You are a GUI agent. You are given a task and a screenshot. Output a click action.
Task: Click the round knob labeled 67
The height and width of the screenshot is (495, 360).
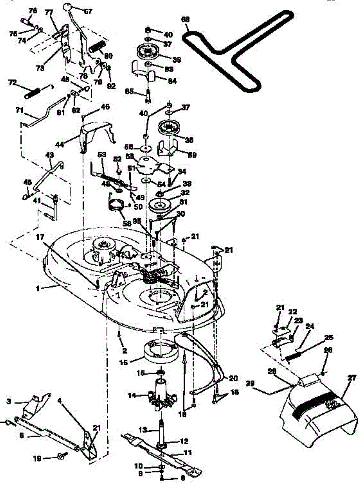[67, 7]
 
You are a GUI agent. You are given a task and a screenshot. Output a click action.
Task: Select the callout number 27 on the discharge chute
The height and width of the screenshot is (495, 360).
[351, 377]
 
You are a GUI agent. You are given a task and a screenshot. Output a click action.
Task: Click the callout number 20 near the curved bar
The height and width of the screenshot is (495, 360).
[233, 377]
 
